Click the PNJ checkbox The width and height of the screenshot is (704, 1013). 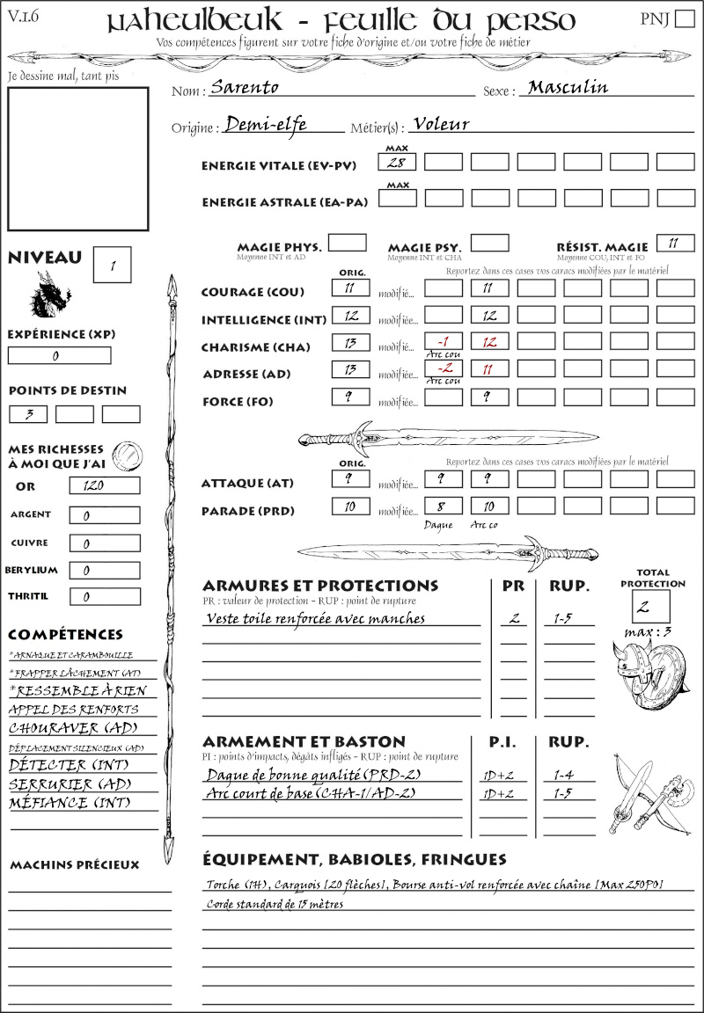(x=683, y=19)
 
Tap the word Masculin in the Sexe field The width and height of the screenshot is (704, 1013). (x=568, y=87)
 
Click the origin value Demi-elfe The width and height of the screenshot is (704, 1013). (x=266, y=125)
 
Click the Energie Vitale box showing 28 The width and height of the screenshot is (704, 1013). (x=397, y=162)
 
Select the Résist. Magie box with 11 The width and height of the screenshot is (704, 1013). (x=675, y=243)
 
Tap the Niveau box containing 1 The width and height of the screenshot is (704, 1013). (x=114, y=264)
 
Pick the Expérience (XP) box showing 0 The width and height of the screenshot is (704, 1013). (x=59, y=356)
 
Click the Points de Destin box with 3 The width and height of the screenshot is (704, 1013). (x=28, y=413)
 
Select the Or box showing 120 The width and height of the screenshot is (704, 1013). (x=104, y=485)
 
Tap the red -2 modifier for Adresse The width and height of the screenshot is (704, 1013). (x=443, y=369)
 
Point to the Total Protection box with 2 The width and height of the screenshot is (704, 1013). (x=650, y=607)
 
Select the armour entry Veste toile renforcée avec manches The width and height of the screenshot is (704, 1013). (x=315, y=618)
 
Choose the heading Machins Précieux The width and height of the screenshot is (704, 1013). (x=74, y=865)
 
